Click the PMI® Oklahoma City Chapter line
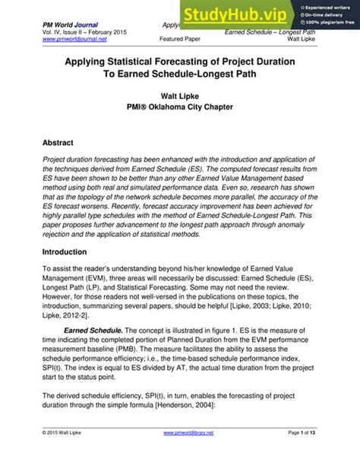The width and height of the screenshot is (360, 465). click(x=179, y=109)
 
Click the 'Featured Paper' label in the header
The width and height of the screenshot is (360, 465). click(x=182, y=39)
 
